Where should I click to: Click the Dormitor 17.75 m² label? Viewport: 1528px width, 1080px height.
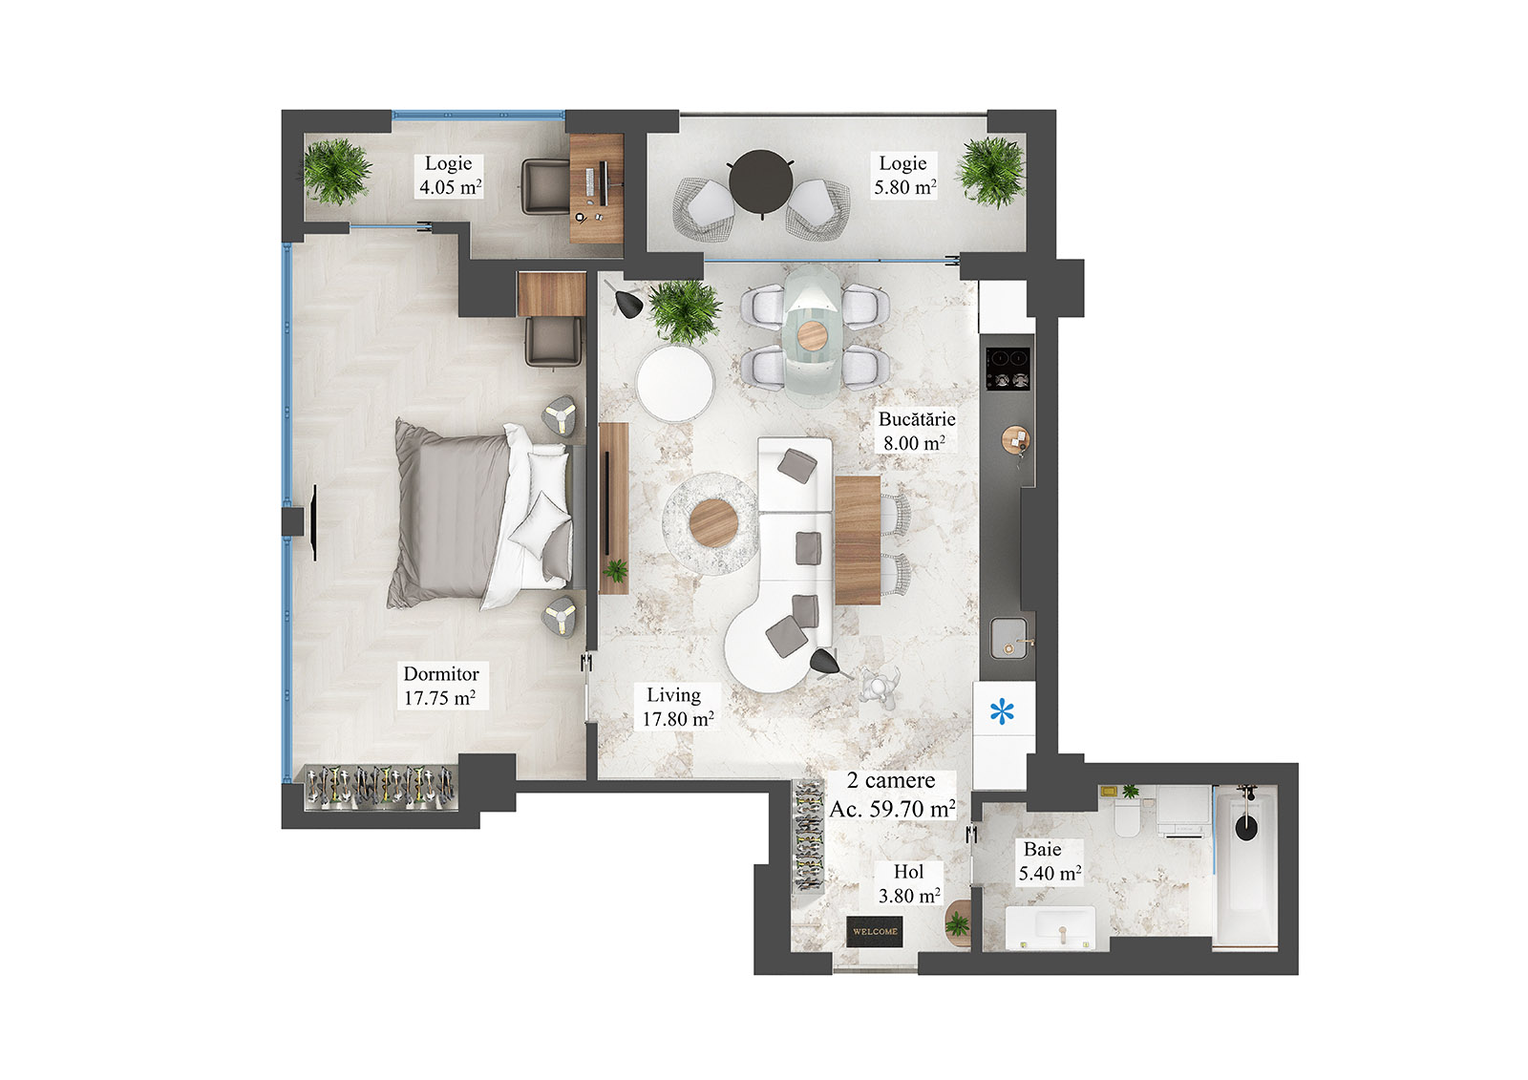click(x=440, y=686)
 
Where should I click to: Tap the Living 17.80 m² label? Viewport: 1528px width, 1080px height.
click(x=676, y=707)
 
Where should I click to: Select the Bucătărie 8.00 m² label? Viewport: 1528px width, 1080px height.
click(x=916, y=431)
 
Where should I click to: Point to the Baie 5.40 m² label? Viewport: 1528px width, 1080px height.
click(x=1049, y=860)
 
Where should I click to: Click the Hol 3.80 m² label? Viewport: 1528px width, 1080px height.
click(x=909, y=883)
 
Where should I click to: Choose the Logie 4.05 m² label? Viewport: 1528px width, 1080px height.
click(x=450, y=175)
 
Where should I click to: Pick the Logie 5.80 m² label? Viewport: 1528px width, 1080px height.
click(x=903, y=175)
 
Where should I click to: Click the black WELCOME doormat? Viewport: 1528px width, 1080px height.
click(x=875, y=931)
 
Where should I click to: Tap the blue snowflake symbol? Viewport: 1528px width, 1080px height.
click(x=1002, y=711)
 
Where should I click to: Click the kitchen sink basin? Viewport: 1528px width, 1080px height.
click(x=1008, y=637)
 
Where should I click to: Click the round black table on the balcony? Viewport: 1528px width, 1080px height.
click(x=761, y=181)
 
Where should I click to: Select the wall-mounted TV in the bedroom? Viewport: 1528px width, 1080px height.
click(x=314, y=522)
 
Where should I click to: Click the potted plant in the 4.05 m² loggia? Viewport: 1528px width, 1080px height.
click(x=336, y=172)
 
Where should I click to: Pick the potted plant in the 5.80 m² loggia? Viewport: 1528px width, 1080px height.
click(x=990, y=172)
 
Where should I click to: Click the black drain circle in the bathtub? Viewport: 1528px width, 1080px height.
click(x=1245, y=826)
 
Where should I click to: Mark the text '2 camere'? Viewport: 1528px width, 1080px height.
click(x=891, y=780)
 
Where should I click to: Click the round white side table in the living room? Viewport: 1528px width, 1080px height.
click(x=675, y=382)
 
